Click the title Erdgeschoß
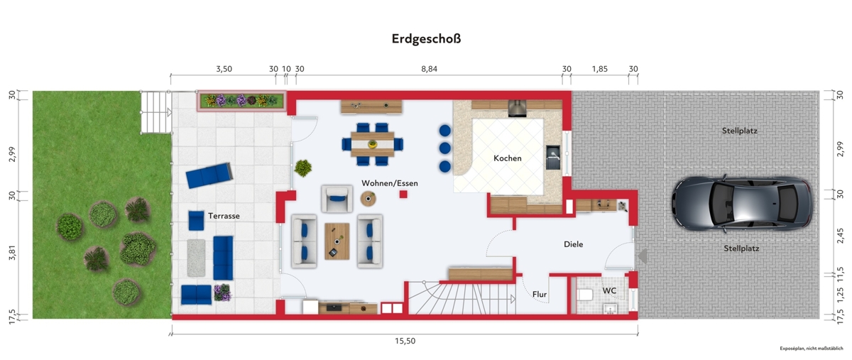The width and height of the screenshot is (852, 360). [x=426, y=39]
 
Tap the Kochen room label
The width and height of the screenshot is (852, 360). [x=508, y=158]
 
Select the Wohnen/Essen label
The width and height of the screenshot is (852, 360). [x=390, y=183]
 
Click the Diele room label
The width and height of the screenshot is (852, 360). [x=573, y=244]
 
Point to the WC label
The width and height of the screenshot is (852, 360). [x=609, y=290]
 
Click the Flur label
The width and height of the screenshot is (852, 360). [x=540, y=294]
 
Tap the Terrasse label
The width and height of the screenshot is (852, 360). [x=224, y=216]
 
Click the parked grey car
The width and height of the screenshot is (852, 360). [x=742, y=203]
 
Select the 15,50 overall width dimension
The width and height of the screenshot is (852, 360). [x=405, y=341]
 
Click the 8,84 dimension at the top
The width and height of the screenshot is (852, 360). [x=429, y=69]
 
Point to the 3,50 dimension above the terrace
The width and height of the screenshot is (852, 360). [x=224, y=69]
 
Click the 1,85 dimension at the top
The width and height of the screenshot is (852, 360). [x=599, y=69]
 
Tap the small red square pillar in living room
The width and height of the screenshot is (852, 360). [x=403, y=195]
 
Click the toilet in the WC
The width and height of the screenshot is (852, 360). [x=585, y=295]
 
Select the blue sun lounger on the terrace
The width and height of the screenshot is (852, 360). [x=209, y=175]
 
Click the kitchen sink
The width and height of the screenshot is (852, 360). [x=554, y=157]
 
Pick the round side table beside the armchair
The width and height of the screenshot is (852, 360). [x=368, y=199]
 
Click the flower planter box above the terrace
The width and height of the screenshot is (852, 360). [x=241, y=101]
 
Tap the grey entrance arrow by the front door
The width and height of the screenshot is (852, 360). [x=643, y=256]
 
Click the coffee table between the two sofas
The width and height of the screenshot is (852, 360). [x=337, y=241]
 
